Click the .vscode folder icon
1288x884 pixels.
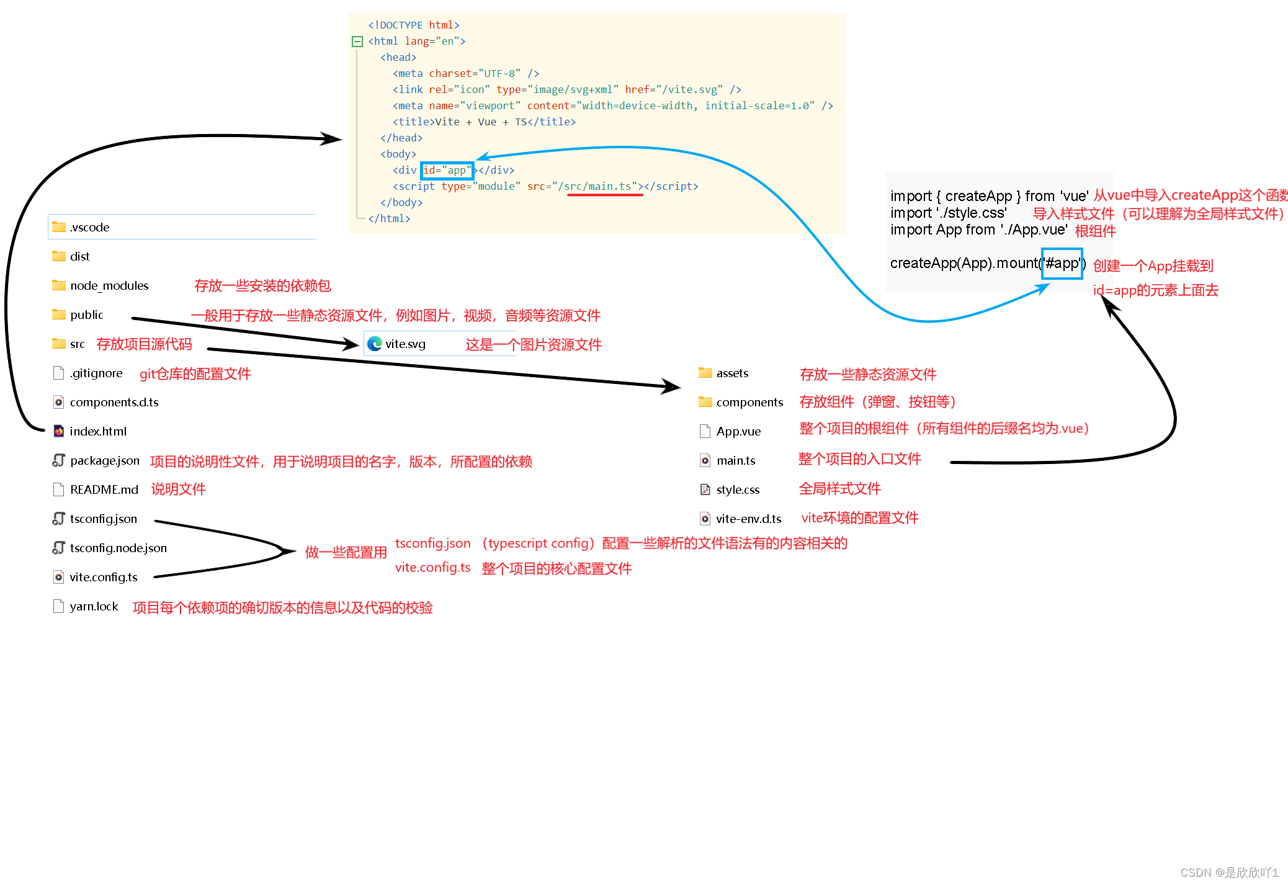[59, 227]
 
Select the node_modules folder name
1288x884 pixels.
[109, 285]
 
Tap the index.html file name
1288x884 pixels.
[98, 431]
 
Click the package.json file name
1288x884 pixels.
[105, 460]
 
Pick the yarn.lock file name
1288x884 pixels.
[94, 606]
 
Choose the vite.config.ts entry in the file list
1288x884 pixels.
[104, 577]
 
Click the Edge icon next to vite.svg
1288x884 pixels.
[375, 344]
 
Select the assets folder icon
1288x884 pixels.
[705, 373]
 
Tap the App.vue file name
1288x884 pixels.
[738, 431]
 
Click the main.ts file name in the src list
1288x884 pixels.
[736, 460]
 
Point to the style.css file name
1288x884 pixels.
[738, 489]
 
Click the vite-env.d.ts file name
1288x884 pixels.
[748, 519]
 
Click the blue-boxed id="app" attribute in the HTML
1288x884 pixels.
[447, 170]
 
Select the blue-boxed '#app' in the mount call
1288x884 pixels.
[1062, 263]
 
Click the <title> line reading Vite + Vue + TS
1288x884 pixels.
[484, 122]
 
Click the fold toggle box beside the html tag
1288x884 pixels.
[357, 42]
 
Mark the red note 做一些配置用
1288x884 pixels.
[346, 552]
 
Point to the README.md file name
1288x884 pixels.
[104, 489]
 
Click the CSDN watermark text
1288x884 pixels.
[1229, 872]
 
